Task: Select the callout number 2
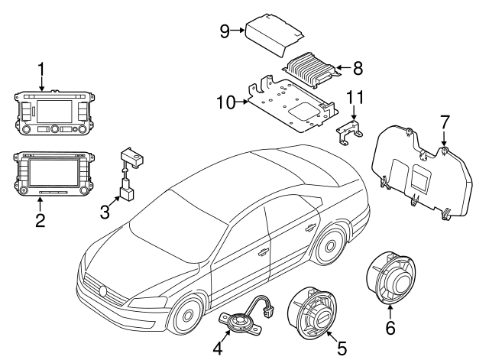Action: point(40,222)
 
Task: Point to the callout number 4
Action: point(217,348)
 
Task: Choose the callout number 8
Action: point(358,68)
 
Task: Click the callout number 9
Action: point(225,31)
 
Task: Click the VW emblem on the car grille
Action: point(103,290)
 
